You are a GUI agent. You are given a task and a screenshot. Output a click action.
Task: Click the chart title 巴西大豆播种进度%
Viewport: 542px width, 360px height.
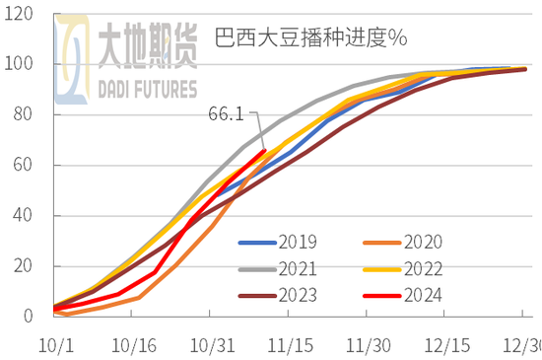click(x=310, y=39)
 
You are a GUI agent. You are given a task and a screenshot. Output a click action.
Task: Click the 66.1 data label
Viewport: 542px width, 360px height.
click(x=227, y=114)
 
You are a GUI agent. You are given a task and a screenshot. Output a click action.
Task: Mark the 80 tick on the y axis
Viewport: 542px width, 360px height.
click(x=23, y=115)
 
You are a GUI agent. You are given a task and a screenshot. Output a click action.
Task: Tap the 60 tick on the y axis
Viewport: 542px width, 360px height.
click(x=23, y=166)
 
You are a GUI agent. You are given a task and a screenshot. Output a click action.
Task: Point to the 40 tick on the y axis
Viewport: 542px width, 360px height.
click(x=23, y=216)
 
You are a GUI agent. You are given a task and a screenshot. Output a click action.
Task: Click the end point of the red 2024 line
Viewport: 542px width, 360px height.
click(x=264, y=150)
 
